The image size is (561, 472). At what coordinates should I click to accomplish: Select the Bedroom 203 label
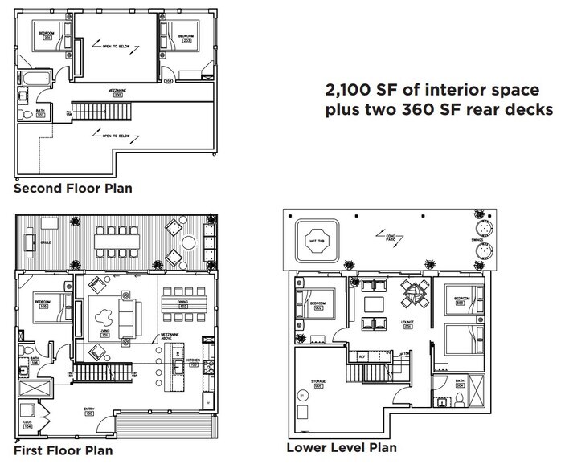point(185,36)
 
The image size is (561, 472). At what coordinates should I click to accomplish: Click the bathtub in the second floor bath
point(35,79)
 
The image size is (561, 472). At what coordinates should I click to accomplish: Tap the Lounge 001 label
point(407,325)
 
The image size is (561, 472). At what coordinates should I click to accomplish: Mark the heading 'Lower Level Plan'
point(341,447)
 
